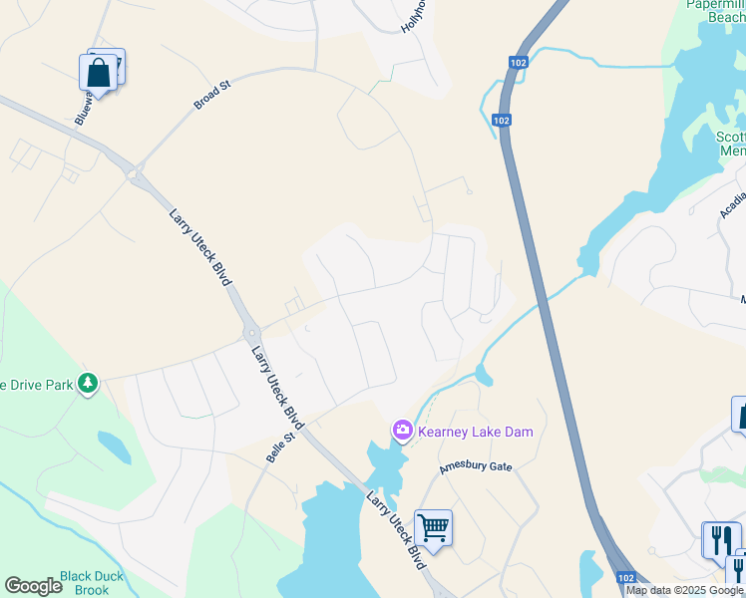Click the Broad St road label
(212, 95)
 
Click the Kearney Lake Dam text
(475, 432)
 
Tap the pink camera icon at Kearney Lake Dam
(403, 431)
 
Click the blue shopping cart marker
(433, 527)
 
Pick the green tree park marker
(88, 382)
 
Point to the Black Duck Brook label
(91, 582)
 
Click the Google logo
(33, 586)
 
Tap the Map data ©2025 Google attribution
(684, 590)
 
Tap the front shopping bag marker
(98, 72)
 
